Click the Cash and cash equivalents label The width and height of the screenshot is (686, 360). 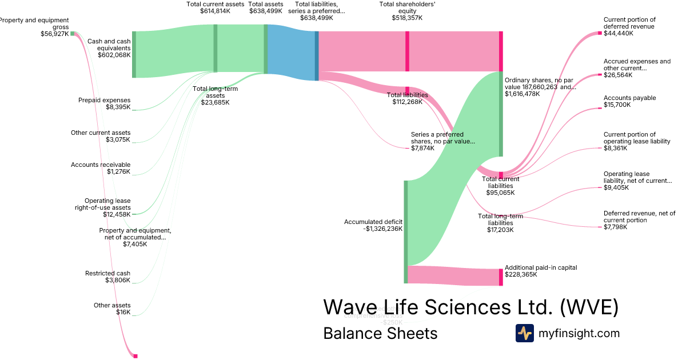[109, 49]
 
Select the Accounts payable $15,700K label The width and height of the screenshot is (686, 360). [629, 101]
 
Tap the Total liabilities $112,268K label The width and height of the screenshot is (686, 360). [407, 98]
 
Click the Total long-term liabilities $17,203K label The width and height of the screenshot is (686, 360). [500, 223]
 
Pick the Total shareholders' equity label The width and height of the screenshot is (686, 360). [407, 11]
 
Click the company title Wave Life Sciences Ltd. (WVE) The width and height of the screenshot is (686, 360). [470, 307]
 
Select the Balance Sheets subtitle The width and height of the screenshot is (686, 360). [380, 333]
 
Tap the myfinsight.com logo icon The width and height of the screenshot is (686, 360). [524, 333]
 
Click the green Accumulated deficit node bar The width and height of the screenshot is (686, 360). [406, 231]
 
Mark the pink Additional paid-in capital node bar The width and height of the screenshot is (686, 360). [501, 277]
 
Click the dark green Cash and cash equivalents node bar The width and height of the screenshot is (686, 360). [134, 54]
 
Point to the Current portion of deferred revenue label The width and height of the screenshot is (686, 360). [629, 26]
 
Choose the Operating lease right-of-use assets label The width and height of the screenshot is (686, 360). [107, 207]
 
